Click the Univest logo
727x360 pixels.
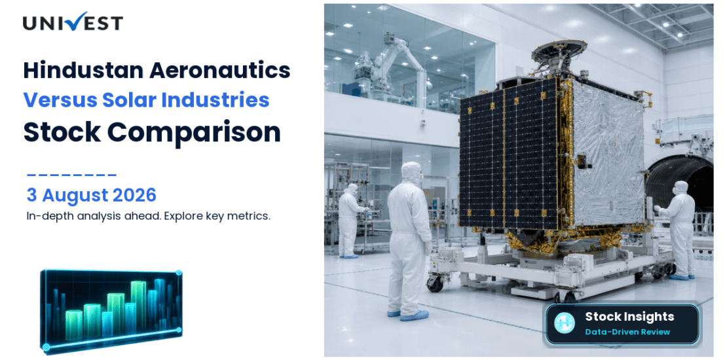[73, 22]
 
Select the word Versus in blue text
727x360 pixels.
[53, 100]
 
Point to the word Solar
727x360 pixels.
[116, 100]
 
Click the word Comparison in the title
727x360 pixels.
[194, 132]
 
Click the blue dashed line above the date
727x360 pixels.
[71, 175]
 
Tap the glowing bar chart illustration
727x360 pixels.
[111, 310]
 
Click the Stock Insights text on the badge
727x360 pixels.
[629, 317]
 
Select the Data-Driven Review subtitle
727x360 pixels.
[627, 332]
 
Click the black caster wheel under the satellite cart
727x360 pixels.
[434, 283]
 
